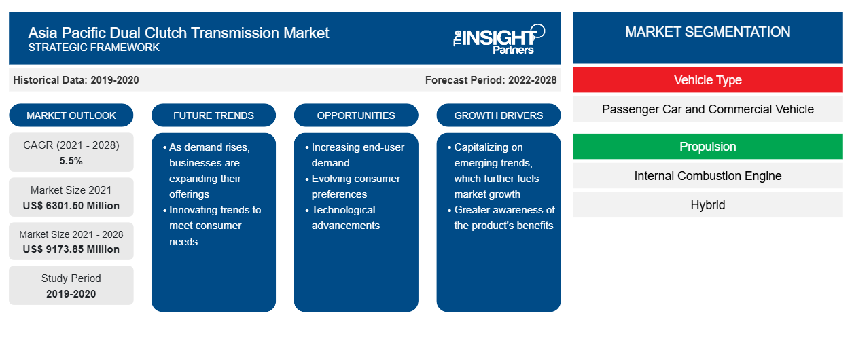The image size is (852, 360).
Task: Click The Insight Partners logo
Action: click(x=499, y=39)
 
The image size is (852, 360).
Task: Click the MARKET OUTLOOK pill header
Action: click(x=71, y=115)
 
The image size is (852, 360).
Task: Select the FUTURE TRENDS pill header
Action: click(x=213, y=115)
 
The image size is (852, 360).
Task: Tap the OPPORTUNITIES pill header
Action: click(x=356, y=115)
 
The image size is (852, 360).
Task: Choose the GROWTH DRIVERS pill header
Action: click(x=498, y=115)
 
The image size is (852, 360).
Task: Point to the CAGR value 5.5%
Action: click(x=71, y=161)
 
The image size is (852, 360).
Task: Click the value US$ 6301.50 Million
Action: click(x=71, y=206)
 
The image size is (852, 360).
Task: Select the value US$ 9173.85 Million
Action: click(x=71, y=249)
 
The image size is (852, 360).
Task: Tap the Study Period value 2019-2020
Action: click(x=71, y=294)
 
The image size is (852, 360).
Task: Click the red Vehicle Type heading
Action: click(x=708, y=80)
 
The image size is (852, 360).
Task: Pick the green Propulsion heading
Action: click(x=708, y=146)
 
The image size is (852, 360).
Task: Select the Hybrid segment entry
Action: click(x=708, y=205)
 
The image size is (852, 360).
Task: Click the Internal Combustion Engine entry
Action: click(x=708, y=176)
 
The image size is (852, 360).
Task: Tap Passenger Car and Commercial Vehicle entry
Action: click(x=708, y=109)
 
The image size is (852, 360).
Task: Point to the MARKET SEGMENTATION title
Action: click(x=708, y=32)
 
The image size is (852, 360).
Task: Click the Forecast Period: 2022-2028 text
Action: click(x=491, y=80)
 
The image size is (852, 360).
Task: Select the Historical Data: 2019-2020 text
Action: click(x=76, y=80)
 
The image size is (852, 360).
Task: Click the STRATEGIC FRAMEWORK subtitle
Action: click(x=94, y=48)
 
